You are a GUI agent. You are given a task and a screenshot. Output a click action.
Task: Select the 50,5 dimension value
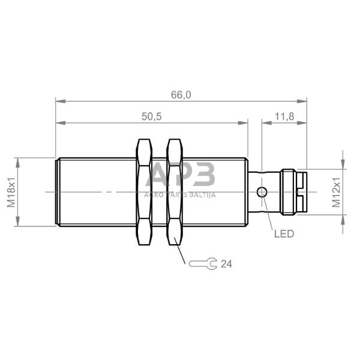(151, 117)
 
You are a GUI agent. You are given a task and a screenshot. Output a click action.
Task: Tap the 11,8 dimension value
(284, 117)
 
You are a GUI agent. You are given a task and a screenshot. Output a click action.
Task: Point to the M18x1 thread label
(11, 192)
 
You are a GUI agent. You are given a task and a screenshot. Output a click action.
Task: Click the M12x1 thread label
(337, 192)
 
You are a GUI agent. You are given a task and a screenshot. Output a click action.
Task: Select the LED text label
(283, 233)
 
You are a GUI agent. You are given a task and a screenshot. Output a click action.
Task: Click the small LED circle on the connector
(262, 192)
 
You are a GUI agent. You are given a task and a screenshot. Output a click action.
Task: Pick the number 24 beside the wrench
(226, 263)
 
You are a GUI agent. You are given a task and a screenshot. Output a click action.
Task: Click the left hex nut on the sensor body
(144, 192)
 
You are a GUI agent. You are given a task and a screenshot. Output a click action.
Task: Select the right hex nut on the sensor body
(174, 192)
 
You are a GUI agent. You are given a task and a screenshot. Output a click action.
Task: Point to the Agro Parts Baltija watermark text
(180, 194)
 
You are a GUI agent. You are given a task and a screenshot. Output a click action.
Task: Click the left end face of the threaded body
(57, 192)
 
